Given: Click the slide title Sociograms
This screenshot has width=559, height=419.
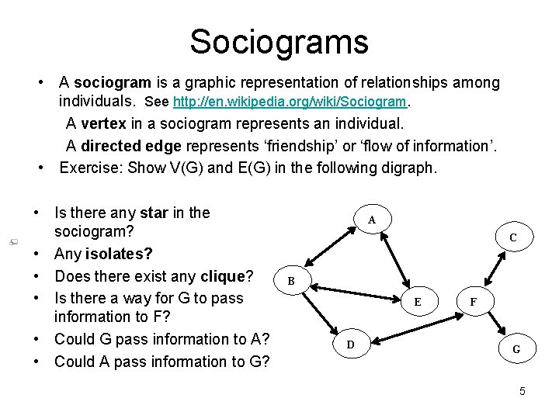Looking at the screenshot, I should pos(279,41).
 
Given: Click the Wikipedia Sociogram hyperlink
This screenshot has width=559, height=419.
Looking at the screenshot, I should pos(291,102).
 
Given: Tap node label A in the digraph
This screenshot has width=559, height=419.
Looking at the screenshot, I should pos(372,220).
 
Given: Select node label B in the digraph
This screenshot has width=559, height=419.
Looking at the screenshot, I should pos(290,280).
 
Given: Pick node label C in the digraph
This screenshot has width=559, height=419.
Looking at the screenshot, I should pos(514,237).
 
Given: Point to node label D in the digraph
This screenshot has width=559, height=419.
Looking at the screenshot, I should pos(350,344).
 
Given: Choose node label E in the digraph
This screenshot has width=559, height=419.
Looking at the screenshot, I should pos(418,302).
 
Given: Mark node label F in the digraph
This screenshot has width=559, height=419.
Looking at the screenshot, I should pos(474,302).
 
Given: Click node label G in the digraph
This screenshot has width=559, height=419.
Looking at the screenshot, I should pos(516,349).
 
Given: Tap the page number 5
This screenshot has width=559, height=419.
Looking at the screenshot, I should pos(523,391).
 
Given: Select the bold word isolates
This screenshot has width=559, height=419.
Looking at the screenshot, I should pos(120,254).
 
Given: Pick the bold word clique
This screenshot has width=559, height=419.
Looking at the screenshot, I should pos(222,275).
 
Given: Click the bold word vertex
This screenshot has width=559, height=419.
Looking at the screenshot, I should pos(103,123).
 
